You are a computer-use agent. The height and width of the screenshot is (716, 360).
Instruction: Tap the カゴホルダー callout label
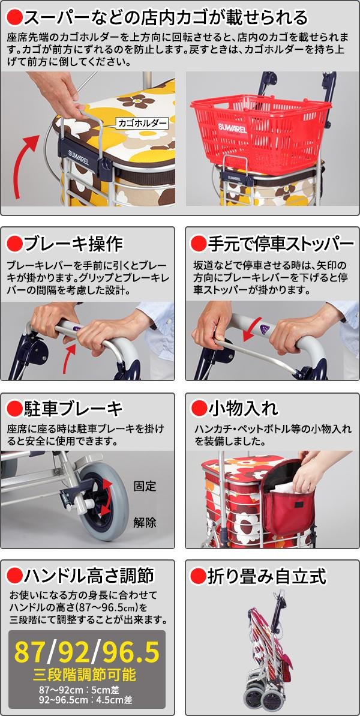pyautogui.click(x=142, y=123)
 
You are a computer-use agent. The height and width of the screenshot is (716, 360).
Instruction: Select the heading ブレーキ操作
pyautogui.click(x=73, y=244)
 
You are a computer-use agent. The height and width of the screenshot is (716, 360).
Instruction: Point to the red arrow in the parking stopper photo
pyautogui.click(x=253, y=329)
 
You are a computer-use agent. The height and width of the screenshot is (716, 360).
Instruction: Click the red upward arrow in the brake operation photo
pyautogui.click(x=69, y=358)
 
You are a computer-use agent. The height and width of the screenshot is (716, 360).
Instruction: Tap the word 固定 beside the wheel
pyautogui.click(x=145, y=486)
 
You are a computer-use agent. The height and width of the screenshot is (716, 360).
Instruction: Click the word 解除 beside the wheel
pyautogui.click(x=145, y=522)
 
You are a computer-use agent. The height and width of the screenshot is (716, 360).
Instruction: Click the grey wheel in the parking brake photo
pyautogui.click(x=103, y=501)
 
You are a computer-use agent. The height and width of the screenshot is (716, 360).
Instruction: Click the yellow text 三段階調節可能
pyautogui.click(x=85, y=675)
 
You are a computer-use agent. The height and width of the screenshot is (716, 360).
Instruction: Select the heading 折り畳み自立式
pyautogui.click(x=267, y=577)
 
